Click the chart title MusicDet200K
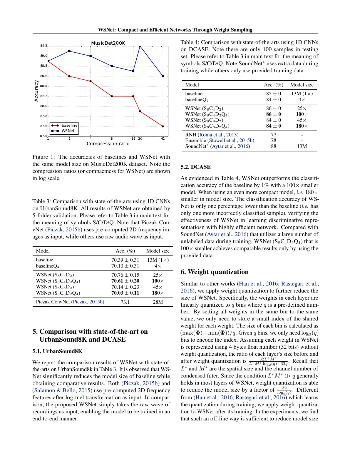108,43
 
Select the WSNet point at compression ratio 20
140,46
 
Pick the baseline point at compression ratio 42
163,126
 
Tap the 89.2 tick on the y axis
43,46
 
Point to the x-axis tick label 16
133,138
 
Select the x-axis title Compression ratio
108,143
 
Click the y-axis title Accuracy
36,91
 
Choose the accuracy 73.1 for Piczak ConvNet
125,302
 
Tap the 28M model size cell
158,302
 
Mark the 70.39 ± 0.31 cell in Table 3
125,260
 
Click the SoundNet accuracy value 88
274,146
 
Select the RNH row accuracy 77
274,135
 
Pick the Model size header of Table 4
302,85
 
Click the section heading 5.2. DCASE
195,167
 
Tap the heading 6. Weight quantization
215,272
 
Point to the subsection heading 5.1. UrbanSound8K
57,351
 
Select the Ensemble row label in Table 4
195,141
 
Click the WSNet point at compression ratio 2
69,51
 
